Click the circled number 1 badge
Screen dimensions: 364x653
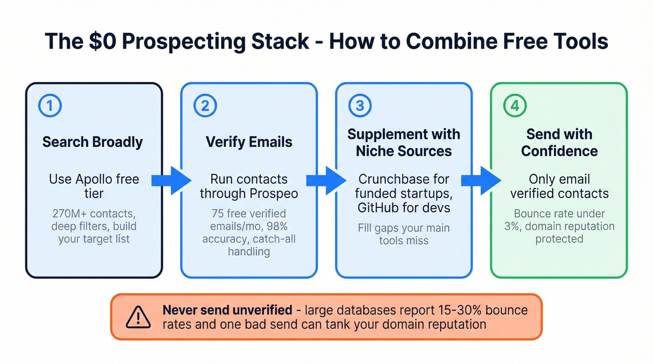pos(50,106)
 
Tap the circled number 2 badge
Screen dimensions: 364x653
pos(205,106)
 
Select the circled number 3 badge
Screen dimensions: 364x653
pos(360,106)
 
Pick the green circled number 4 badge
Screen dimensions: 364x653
pos(514,106)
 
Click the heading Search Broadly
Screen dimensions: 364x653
pos(93,142)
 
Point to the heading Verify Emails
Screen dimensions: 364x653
pos(249,142)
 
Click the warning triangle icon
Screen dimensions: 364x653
pos(138,317)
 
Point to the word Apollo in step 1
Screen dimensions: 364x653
pos(91,179)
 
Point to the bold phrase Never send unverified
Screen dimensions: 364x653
pos(227,310)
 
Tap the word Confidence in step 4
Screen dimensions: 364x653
pos(559,151)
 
